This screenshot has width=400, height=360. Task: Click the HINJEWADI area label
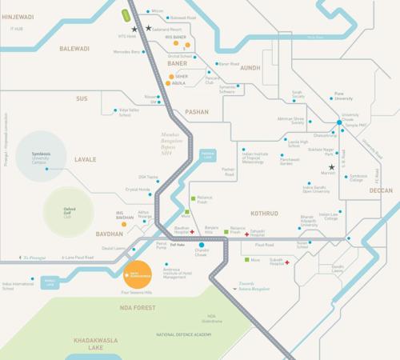17,15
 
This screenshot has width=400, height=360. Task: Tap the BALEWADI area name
76,48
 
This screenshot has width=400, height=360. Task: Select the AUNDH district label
250,68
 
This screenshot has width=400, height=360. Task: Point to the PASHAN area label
196,113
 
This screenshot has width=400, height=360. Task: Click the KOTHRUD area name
264,214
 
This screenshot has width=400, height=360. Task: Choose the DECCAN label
381,190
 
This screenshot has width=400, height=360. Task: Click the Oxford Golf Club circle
69,211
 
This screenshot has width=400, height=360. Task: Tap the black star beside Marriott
330,166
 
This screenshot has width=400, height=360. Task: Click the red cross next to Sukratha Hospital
286,262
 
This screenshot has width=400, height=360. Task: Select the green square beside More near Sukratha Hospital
246,259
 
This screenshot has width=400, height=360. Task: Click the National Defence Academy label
185,334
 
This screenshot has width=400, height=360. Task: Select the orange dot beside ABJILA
168,82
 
